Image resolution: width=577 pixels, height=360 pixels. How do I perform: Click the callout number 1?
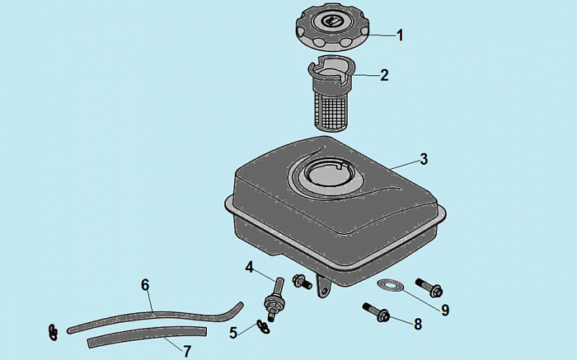click(x=400, y=35)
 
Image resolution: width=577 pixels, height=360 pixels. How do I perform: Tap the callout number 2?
click(x=384, y=75)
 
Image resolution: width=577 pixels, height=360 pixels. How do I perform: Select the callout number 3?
click(x=424, y=159)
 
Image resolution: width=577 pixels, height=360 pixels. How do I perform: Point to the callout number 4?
click(x=250, y=268)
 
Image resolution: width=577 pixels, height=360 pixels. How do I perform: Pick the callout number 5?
click(x=233, y=333)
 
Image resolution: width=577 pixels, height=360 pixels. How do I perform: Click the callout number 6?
click(x=145, y=284)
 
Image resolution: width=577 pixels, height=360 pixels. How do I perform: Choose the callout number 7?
click(x=187, y=351)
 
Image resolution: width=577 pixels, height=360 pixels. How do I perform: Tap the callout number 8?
click(x=418, y=325)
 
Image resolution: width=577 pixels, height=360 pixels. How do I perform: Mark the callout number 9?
click(x=445, y=310)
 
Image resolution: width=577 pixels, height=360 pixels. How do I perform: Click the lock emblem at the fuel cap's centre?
click(x=328, y=21)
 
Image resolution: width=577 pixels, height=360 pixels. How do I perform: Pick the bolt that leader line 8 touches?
click(x=377, y=312)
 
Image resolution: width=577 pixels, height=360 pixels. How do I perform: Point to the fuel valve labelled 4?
click(x=274, y=299)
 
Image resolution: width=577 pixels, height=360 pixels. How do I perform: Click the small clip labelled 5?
click(x=263, y=326)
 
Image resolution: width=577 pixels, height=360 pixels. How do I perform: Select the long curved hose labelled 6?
click(x=155, y=317)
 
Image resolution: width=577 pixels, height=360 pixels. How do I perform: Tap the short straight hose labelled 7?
click(x=147, y=336)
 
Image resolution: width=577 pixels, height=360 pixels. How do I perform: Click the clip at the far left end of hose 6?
click(x=54, y=332)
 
